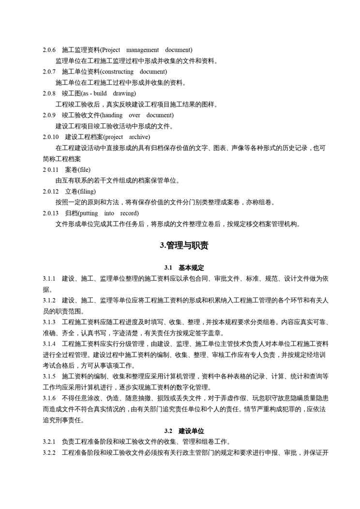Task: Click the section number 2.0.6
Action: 49,50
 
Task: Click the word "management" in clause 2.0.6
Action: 143,50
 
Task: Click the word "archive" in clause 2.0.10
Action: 139,137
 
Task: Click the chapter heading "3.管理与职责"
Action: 184,246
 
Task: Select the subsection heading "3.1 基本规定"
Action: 184,268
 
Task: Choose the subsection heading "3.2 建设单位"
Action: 184,431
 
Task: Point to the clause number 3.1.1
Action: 49,279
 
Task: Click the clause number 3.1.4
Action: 49,344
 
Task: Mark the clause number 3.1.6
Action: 49,398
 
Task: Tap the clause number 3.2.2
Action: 49,453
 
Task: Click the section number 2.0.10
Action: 51,137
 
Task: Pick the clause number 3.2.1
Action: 49,442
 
